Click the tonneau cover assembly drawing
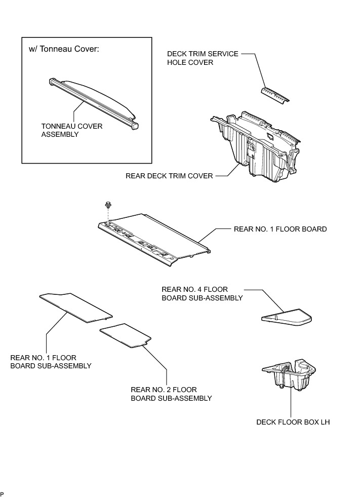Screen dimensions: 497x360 click(x=94, y=99)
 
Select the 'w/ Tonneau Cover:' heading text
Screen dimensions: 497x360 click(x=63, y=51)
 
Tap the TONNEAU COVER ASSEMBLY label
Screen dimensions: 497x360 click(x=71, y=130)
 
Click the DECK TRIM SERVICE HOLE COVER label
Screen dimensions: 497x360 click(x=203, y=58)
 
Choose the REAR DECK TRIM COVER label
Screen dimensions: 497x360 click(x=169, y=176)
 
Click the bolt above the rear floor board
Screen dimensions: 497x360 click(x=108, y=205)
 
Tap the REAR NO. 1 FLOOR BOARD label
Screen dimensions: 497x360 click(x=280, y=229)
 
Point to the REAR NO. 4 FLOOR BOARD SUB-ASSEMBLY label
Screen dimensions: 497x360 click(x=202, y=293)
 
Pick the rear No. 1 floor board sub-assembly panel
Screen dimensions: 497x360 click(x=76, y=307)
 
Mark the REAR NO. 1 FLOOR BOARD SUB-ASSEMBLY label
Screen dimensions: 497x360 click(x=51, y=361)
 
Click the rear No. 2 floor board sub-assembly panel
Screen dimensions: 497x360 click(x=126, y=335)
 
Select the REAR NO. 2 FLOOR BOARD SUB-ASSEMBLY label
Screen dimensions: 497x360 click(x=171, y=394)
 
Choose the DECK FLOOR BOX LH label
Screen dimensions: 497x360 click(x=293, y=422)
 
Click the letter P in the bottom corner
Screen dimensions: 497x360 click(x=2, y=493)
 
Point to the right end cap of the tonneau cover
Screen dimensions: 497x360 click(x=135, y=123)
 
